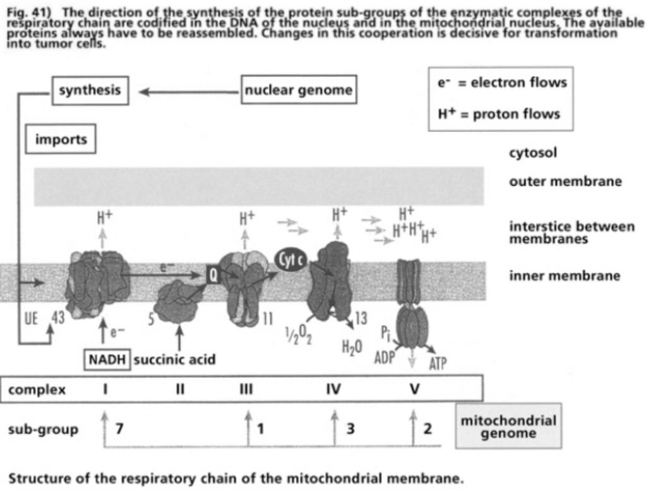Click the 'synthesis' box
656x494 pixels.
click(90, 90)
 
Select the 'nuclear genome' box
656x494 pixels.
click(299, 90)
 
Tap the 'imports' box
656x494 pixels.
click(61, 139)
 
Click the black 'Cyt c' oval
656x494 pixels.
click(291, 257)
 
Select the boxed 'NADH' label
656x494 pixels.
click(107, 359)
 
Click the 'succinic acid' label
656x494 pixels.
click(175, 359)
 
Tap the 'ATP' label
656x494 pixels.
click(438, 364)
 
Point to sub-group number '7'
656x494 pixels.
click(119, 430)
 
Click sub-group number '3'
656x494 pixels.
click(351, 430)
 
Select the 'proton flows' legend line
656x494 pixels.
click(499, 114)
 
